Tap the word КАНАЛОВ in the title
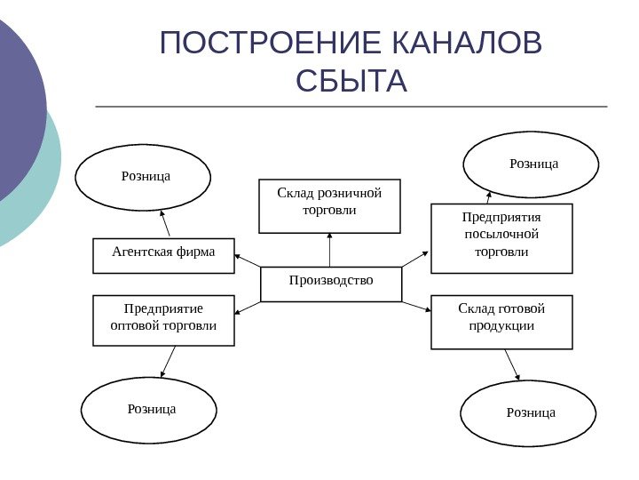(466, 44)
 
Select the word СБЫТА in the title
(351, 81)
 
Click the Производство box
(331, 284)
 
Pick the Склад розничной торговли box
(329, 205)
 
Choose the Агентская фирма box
(163, 254)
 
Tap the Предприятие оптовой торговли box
(163, 320)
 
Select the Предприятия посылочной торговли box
(501, 237)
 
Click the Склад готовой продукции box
(501, 322)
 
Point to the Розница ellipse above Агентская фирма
(143, 177)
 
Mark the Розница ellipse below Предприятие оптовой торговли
(149, 410)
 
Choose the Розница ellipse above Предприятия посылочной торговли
(532, 164)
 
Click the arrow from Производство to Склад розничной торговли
(329, 250)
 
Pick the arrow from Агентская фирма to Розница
(165, 223)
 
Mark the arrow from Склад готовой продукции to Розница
(511, 364)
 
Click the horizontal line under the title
(351, 107)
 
